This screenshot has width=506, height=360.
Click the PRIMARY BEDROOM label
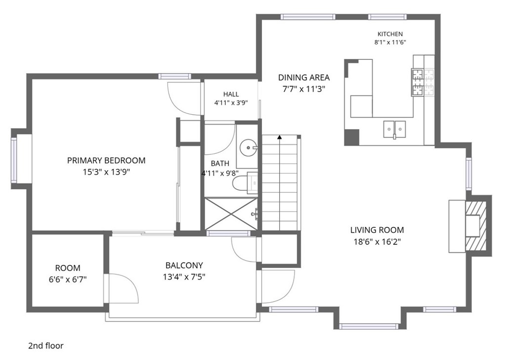click(106, 160)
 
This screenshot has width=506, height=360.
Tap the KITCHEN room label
click(390, 34)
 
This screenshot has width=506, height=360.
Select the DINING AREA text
click(304, 78)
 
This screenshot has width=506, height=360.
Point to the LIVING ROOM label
click(377, 230)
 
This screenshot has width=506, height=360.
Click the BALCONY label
click(184, 266)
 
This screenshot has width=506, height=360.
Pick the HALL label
click(231, 94)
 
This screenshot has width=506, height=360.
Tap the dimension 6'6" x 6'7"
click(68, 279)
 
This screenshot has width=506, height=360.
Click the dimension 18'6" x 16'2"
click(377, 242)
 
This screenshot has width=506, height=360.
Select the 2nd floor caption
click(46, 346)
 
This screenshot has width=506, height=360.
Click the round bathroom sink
click(248, 148)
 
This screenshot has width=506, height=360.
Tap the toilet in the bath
click(245, 183)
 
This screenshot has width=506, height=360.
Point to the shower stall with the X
click(231, 214)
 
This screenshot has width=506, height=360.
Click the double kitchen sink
click(394, 129)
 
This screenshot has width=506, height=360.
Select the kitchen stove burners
click(423, 82)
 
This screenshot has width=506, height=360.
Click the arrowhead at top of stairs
click(280, 137)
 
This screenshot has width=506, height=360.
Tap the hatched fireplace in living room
click(476, 226)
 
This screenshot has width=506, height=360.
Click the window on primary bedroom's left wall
click(14, 160)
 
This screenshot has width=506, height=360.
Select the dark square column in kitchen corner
click(352, 137)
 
